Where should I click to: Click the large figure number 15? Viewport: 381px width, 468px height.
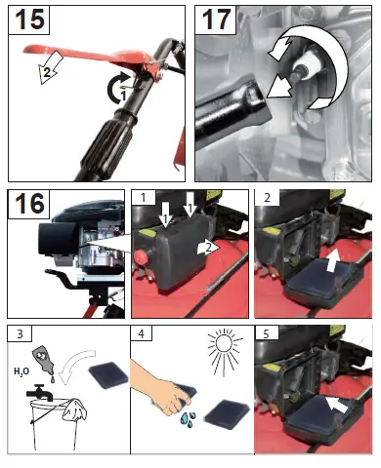click(29, 20)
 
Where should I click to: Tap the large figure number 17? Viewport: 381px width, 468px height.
click(216, 19)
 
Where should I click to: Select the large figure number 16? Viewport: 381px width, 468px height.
click(29, 204)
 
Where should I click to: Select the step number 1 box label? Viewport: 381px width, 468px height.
click(144, 198)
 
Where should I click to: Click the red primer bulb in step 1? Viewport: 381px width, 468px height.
click(141, 255)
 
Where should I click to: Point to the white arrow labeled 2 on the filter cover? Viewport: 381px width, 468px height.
click(208, 249)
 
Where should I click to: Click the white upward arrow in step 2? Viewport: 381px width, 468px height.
click(332, 258)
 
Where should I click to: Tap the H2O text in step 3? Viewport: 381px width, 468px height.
click(21, 371)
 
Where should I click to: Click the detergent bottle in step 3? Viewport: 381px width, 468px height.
click(44, 362)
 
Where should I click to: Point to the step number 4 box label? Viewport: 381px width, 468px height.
click(142, 333)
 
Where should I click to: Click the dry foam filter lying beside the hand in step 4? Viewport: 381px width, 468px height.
click(227, 414)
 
